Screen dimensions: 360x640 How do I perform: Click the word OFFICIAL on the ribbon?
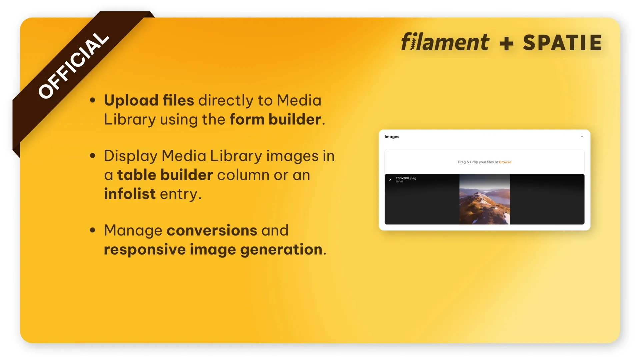tap(74, 66)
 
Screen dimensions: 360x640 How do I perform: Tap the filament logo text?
tap(445, 42)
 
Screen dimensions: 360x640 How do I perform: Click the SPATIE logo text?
tap(562, 43)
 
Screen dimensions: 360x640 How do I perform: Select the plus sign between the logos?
tap(506, 44)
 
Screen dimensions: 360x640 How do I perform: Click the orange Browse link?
tap(505, 162)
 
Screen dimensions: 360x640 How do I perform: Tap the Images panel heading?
tap(392, 137)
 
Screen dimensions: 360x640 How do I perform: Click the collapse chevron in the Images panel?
tap(582, 137)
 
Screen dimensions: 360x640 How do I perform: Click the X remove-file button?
tap(390, 180)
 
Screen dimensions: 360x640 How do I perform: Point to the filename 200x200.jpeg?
tap(406, 178)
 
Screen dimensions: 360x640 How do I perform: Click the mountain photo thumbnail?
tap(484, 199)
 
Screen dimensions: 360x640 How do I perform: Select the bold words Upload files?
tap(149, 100)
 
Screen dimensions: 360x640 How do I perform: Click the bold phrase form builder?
tap(275, 119)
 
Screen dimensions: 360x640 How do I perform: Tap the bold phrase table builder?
tap(165, 175)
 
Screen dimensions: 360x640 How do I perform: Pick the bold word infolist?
tap(130, 194)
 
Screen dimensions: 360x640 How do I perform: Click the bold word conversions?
tap(212, 230)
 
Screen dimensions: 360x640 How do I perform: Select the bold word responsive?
tap(145, 250)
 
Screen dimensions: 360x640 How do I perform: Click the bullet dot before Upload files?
tap(93, 100)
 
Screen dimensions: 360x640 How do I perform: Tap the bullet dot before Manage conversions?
tap(93, 230)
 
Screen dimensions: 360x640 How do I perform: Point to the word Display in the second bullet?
tap(131, 156)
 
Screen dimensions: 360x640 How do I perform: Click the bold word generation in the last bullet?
tap(281, 250)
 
